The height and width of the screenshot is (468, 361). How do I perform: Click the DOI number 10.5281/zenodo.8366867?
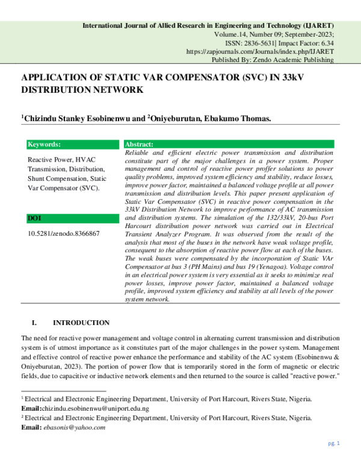pyautogui.click(x=64, y=233)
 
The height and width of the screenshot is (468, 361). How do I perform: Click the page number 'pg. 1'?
pyautogui.click(x=335, y=443)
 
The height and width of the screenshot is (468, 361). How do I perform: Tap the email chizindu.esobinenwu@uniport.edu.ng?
pyautogui.click(x=96, y=408)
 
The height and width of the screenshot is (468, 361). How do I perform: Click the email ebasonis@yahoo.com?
pyautogui.click(x=73, y=427)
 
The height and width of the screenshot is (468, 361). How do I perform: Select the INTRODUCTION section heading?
pyautogui.click(x=81, y=323)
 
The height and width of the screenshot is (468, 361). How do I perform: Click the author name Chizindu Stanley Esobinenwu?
pyautogui.click(x=75, y=119)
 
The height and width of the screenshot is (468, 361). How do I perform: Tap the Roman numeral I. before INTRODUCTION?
pyautogui.click(x=35, y=323)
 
